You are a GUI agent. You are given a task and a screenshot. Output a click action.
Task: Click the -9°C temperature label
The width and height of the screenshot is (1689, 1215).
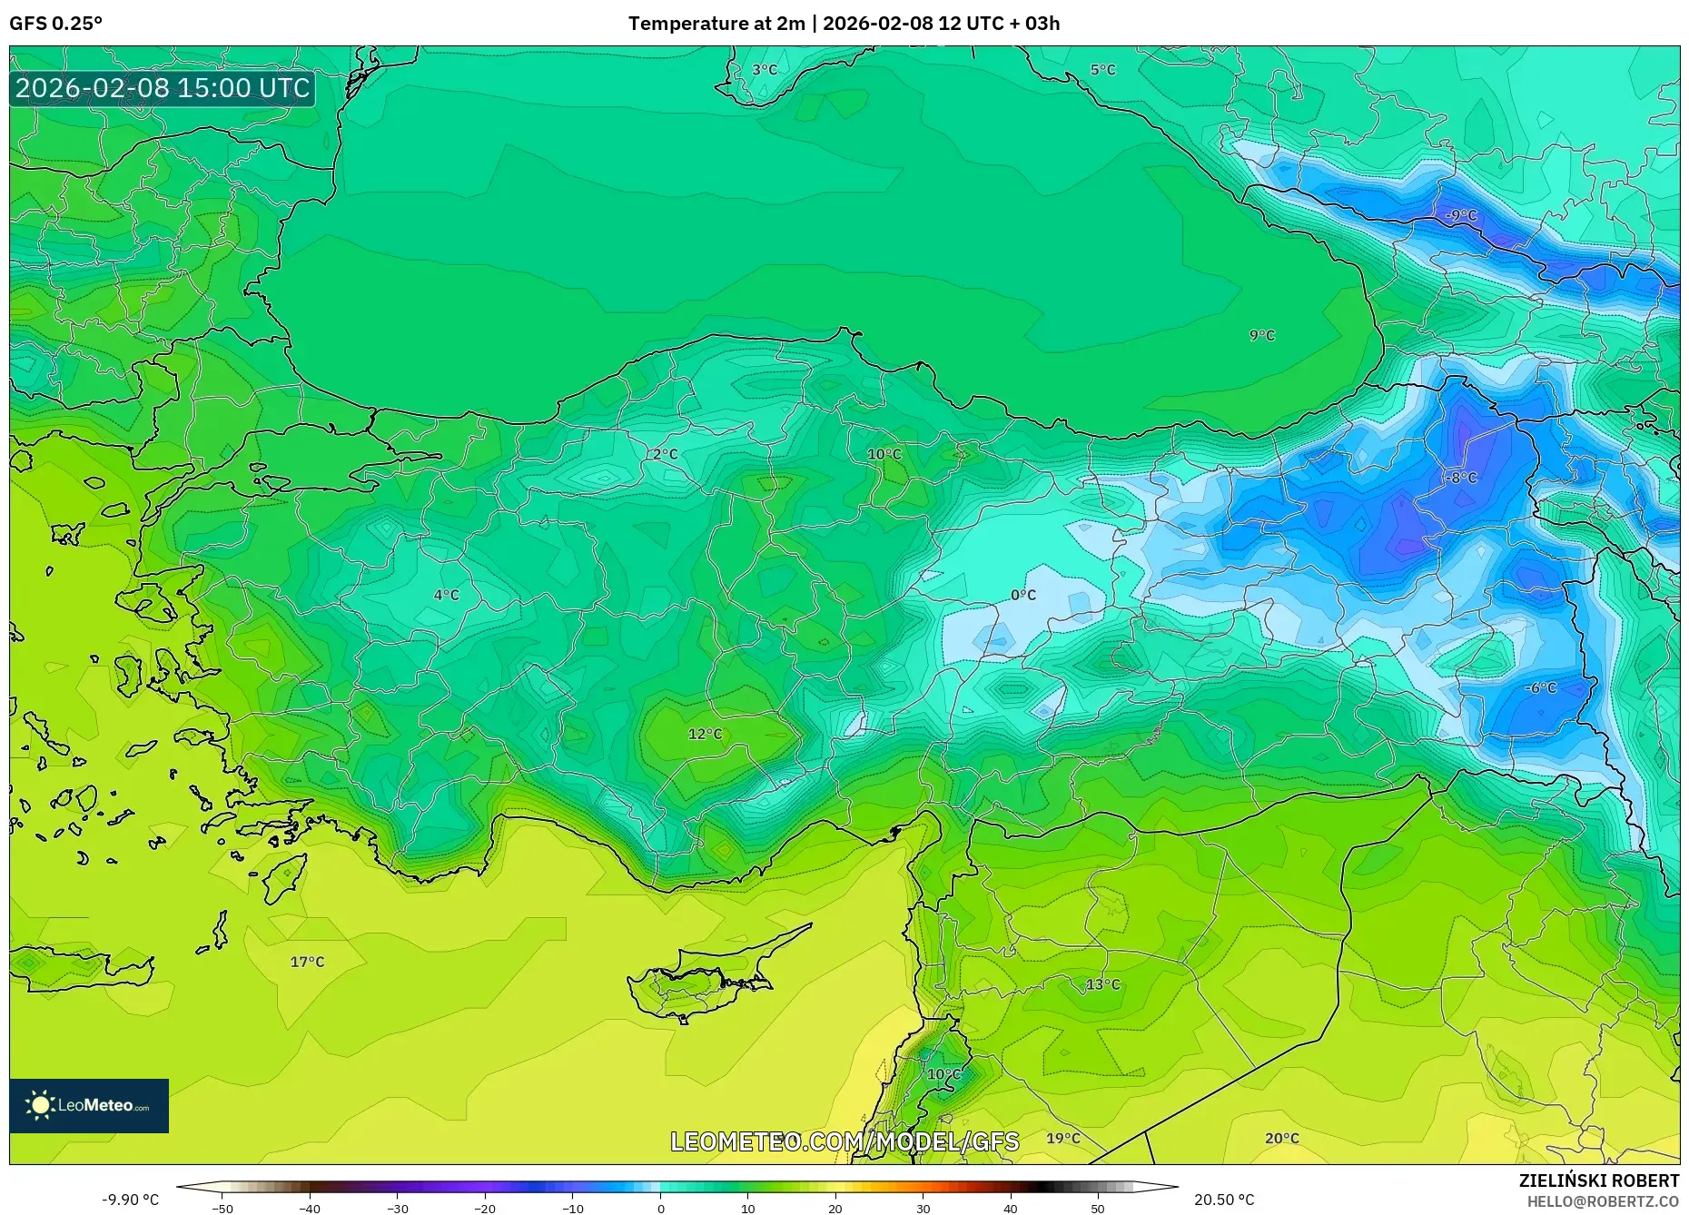point(1461,216)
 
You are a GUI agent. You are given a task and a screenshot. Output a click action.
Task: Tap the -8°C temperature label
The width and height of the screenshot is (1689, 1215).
point(1462,478)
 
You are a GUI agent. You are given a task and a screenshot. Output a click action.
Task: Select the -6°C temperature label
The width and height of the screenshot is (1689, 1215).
point(1540,688)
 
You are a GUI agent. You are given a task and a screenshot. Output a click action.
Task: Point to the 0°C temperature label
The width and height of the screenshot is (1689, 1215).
point(1023,595)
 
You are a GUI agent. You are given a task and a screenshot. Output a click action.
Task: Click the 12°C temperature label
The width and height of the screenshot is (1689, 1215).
point(705,734)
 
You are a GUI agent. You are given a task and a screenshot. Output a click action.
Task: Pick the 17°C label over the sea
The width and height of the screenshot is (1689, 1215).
point(307,962)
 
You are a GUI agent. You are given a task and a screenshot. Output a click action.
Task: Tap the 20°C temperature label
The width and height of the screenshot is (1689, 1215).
point(1281,1138)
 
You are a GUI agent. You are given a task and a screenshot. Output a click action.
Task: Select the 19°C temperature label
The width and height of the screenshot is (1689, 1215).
point(1062,1138)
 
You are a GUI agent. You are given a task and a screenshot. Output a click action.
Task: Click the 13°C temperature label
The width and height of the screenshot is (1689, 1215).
point(1102,984)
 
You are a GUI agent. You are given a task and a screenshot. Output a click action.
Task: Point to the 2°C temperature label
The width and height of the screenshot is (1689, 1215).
point(665,454)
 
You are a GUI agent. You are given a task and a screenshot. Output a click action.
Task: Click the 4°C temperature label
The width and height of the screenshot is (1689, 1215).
point(446,595)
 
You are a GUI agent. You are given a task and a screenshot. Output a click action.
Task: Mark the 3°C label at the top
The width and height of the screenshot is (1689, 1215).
point(764,70)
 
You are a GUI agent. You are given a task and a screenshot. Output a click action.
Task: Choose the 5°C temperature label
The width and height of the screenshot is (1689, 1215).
point(1102,70)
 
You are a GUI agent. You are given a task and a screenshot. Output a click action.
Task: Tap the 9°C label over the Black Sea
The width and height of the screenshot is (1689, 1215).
point(1261,335)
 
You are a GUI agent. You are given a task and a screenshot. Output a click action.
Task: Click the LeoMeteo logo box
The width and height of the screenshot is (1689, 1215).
point(89,1105)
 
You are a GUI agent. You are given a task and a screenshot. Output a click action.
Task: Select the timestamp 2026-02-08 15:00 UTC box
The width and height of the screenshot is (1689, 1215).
point(163,88)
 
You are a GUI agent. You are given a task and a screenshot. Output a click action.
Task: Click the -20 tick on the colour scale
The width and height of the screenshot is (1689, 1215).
point(485,1209)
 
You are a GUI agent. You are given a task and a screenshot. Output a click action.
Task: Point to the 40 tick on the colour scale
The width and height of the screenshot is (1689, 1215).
point(1011,1209)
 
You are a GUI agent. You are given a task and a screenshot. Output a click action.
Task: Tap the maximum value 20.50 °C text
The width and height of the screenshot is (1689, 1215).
point(1223,1200)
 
